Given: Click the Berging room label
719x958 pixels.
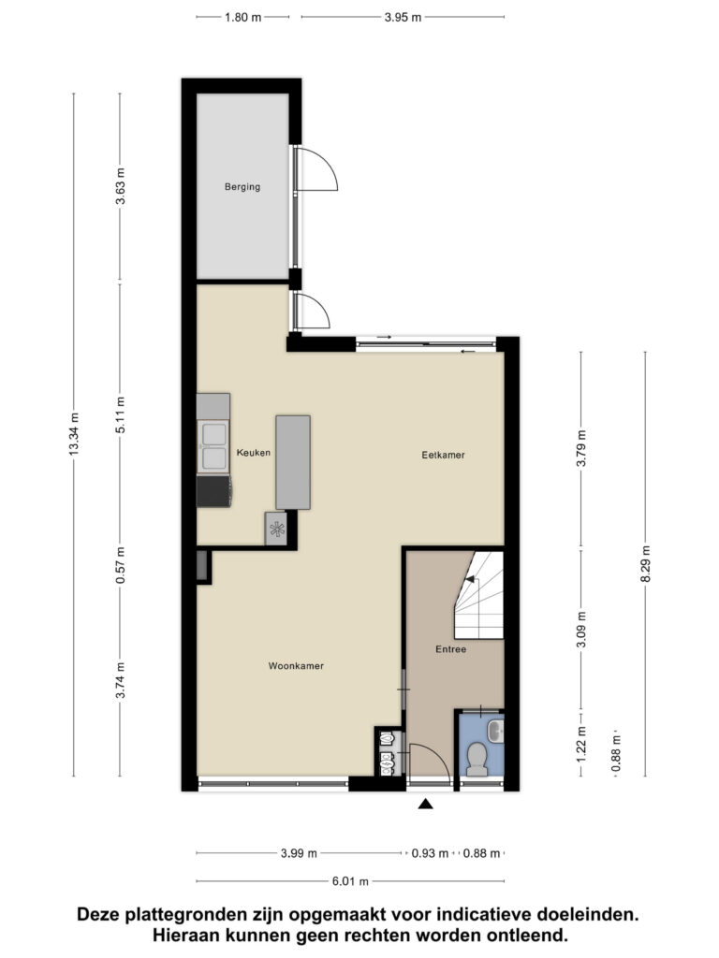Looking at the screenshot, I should [x=242, y=187].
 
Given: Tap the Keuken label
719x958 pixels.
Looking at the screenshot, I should [x=254, y=453].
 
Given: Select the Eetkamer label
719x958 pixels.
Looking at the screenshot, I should [x=443, y=455].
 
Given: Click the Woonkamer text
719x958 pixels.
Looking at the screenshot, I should [x=296, y=667].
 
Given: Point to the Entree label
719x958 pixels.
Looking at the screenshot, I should [x=450, y=649].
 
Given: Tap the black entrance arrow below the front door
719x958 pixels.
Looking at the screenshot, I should [x=426, y=804].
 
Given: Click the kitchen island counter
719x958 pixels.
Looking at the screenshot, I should [x=292, y=462].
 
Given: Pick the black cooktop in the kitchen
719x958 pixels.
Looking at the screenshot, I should [x=213, y=491].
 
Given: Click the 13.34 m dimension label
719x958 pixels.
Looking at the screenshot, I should [x=74, y=435].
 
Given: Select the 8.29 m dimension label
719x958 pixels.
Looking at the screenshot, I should [x=645, y=564].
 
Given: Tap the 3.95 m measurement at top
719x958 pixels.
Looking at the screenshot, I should [x=404, y=17].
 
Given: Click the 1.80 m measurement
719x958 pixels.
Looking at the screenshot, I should [x=243, y=17].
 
